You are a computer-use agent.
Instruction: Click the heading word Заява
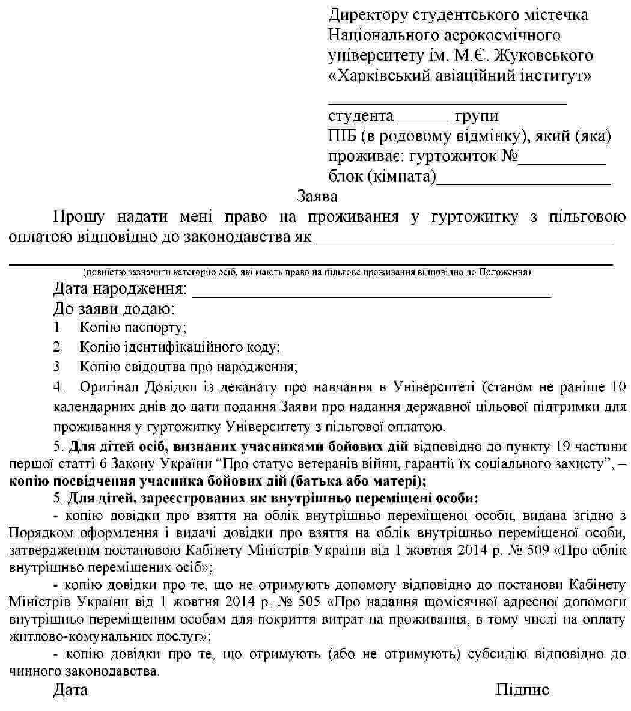coord(317,196)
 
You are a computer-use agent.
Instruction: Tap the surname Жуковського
coord(546,55)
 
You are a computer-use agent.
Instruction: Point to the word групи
coord(477,116)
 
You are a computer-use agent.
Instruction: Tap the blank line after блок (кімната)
coord(523,180)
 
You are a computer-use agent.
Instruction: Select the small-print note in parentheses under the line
coord(306,272)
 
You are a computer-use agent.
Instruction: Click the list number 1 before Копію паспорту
coord(58,328)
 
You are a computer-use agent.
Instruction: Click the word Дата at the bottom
coord(70,689)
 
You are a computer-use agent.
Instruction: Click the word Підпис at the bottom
coord(522,689)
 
